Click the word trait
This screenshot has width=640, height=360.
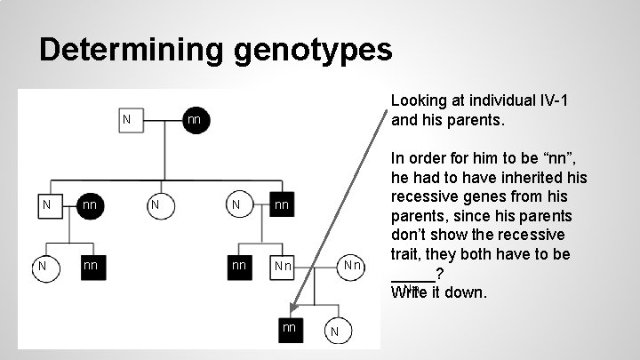click(407, 255)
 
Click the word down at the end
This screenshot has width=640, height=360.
click(467, 292)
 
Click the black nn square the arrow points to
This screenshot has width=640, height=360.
click(289, 328)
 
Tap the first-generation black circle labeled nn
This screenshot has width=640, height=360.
click(195, 119)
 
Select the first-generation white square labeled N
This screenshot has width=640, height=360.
click(128, 119)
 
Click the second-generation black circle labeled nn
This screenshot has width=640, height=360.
click(89, 206)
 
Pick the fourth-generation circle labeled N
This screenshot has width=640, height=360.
click(334, 332)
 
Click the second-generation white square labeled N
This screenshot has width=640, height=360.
click(46, 206)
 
